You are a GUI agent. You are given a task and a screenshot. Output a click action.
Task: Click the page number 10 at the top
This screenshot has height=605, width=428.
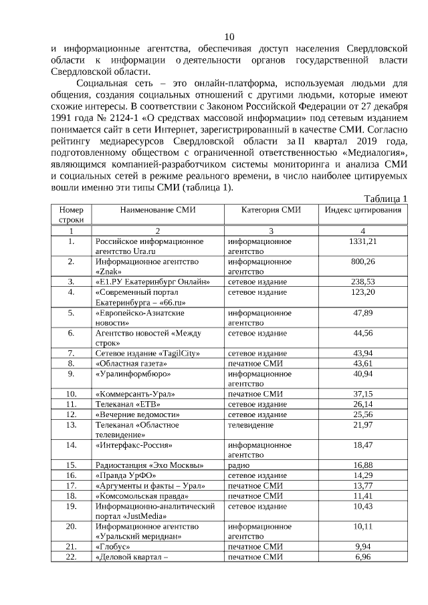click(x=229, y=37)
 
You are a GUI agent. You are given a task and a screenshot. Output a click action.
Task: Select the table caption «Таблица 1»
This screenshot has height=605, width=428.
click(x=385, y=199)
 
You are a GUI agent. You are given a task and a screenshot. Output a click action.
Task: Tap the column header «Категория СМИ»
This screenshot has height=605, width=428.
click(x=271, y=210)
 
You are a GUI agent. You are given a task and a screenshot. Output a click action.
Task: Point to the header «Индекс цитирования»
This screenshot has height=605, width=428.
click(x=363, y=210)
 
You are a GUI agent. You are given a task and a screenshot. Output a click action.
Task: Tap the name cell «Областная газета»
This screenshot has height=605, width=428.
click(x=128, y=363)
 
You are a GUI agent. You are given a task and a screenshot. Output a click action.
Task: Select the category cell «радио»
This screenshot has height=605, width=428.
click(x=239, y=465)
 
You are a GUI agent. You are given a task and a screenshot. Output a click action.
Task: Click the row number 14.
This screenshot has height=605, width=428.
click(x=71, y=445)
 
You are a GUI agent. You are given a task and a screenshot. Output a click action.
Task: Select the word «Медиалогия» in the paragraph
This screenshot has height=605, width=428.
click(x=376, y=152)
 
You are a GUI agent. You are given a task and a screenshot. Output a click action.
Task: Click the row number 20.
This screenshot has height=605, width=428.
click(x=71, y=526)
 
